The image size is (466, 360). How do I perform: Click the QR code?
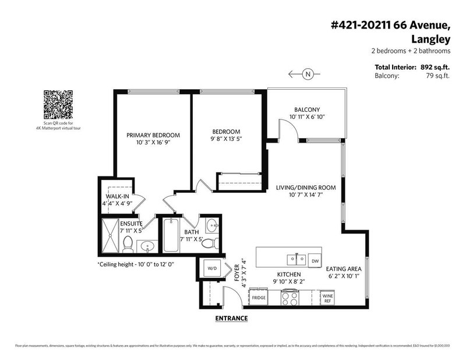58,104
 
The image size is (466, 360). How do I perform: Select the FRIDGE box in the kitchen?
259,298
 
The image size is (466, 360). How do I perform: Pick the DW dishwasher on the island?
315,260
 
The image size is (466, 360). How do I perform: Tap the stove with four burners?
290,298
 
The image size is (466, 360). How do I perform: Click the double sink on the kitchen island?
293,259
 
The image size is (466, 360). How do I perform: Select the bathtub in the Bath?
171,236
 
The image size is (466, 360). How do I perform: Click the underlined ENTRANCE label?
231,318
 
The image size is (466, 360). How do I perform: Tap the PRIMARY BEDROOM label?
153,135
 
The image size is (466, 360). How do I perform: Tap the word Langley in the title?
433,40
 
